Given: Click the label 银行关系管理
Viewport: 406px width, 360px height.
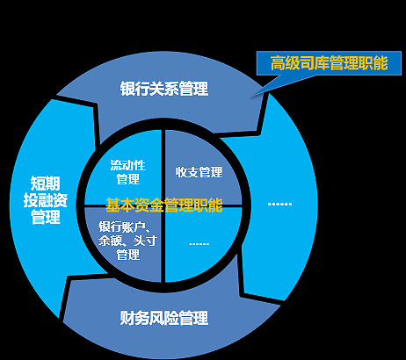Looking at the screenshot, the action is (x=164, y=89).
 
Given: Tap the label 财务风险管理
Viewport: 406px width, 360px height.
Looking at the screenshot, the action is (x=164, y=318).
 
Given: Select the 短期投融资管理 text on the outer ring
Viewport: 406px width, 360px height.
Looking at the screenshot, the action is (x=46, y=200).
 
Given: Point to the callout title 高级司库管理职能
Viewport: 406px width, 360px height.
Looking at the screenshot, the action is (x=329, y=63).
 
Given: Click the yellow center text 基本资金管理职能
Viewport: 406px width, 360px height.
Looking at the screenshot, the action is (x=164, y=205).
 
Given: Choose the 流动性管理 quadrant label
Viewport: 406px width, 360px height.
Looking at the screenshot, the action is (x=128, y=172).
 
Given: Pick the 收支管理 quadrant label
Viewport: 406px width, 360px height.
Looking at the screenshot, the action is (x=199, y=172).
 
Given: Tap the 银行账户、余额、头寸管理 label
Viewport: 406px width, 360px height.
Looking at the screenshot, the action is (x=128, y=241).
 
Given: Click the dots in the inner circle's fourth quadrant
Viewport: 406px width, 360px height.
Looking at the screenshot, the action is (x=199, y=243).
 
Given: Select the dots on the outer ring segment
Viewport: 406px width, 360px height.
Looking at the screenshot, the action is (x=279, y=204).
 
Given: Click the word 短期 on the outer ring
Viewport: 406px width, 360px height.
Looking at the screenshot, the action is (x=46, y=184).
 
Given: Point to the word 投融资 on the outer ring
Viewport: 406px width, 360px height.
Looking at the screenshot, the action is (x=46, y=200).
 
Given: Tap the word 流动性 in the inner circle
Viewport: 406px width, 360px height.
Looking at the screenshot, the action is (x=128, y=165).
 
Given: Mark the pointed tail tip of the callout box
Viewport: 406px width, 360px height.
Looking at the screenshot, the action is (x=254, y=95).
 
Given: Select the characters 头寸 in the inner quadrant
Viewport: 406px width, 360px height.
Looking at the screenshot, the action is (x=146, y=241).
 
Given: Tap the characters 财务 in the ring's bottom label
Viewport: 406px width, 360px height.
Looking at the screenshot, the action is (x=134, y=318).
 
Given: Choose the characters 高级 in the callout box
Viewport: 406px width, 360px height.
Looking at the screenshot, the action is (x=285, y=63).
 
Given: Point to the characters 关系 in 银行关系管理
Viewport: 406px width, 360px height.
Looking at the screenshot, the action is (x=164, y=89).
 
